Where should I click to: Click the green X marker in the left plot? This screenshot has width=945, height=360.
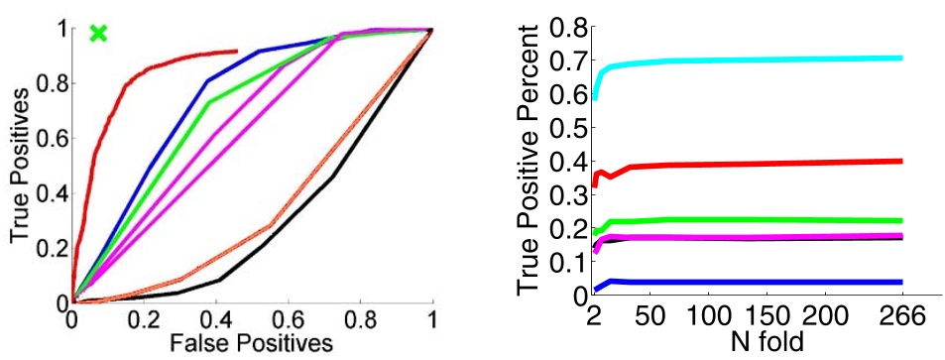coord(97,34)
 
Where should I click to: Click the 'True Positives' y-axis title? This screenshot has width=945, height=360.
coord(18,165)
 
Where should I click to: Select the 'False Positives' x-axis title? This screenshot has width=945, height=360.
coord(249,342)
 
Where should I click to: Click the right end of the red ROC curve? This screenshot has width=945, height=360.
coord(236,51)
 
